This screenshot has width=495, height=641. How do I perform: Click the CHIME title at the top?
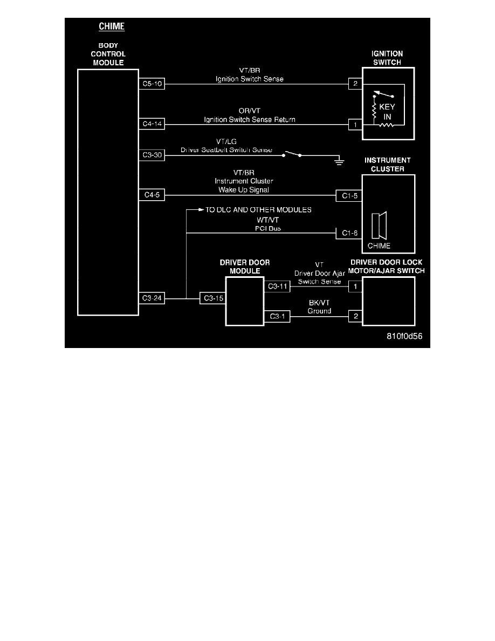(x=112, y=26)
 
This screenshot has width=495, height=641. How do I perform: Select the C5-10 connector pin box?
(x=152, y=84)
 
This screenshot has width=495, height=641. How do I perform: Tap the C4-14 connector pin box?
(x=152, y=124)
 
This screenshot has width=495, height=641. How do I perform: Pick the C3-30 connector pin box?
(x=152, y=155)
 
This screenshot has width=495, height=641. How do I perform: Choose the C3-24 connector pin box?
(x=152, y=297)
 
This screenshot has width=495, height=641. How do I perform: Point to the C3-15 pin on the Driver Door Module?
(x=212, y=297)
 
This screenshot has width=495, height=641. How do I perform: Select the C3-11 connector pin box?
(x=278, y=287)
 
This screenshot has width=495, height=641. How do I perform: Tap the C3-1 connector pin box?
(x=277, y=317)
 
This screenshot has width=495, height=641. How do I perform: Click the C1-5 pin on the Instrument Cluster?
(x=348, y=194)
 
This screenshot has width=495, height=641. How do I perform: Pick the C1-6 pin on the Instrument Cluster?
(x=348, y=233)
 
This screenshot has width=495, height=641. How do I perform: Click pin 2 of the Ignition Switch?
(x=355, y=84)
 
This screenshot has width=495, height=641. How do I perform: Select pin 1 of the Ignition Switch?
(x=355, y=124)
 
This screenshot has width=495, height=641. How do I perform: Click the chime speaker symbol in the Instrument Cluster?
(x=380, y=226)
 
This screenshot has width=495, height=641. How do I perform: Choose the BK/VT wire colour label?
(x=319, y=303)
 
